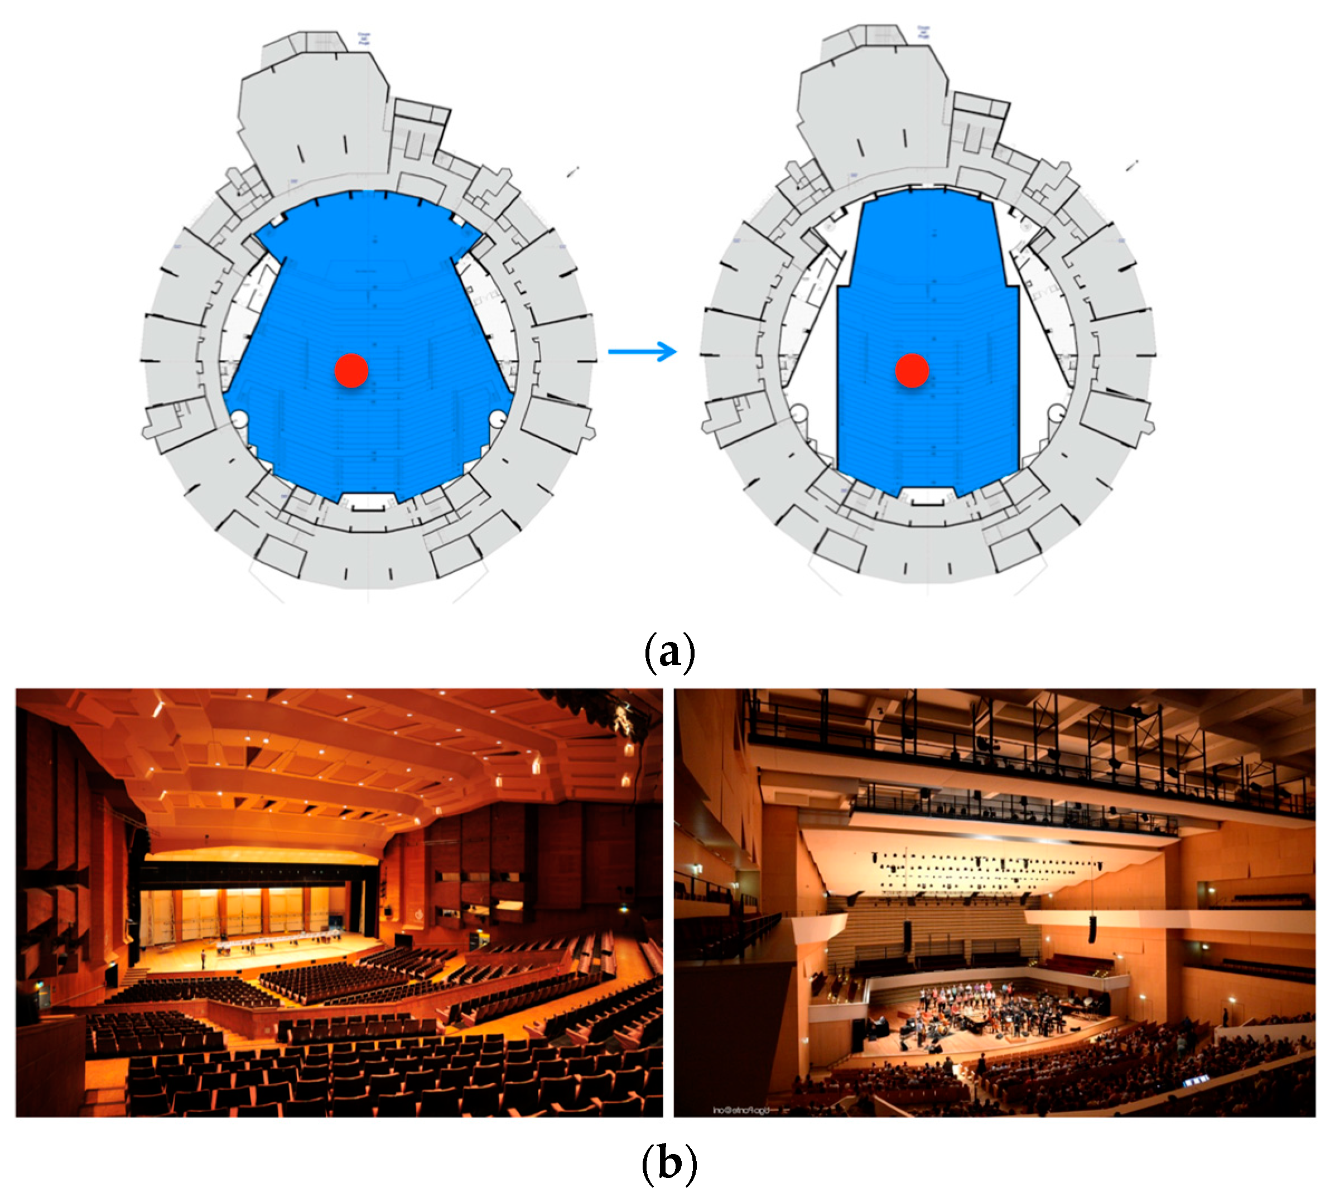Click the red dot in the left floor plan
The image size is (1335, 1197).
point(351,370)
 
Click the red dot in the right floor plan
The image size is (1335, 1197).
point(912,370)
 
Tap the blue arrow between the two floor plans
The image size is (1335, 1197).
point(642,351)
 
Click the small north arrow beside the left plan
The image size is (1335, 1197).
point(573,172)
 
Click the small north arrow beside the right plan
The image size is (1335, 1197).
point(1132,166)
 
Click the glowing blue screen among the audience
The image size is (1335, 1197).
point(1196,1080)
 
